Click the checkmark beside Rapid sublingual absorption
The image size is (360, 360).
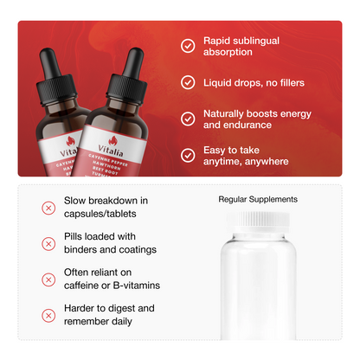point(188,46)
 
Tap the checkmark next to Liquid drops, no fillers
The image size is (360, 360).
point(188,82)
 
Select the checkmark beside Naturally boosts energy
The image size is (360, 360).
point(188,119)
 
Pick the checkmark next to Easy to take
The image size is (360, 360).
point(188,156)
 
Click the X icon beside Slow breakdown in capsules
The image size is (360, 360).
point(48,207)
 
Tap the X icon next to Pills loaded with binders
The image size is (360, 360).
point(48,243)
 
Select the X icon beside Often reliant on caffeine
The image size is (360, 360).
point(48,280)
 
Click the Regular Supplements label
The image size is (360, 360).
point(258,199)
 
